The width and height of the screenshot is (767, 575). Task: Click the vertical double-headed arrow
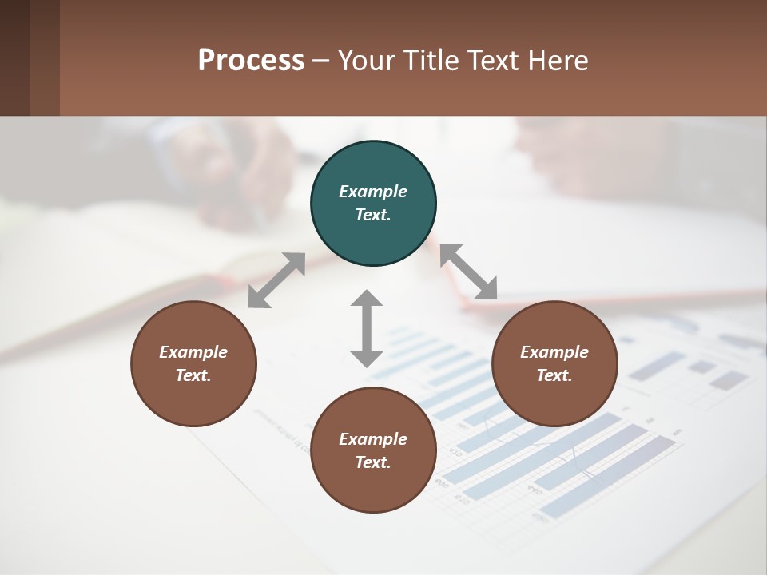[367, 328]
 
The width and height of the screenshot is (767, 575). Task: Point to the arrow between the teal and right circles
[469, 272]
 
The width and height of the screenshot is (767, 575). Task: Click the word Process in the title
[251, 60]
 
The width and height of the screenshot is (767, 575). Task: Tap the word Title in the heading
[431, 60]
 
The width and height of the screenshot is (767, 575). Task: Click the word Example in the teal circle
[373, 192]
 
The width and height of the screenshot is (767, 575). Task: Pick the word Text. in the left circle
[193, 375]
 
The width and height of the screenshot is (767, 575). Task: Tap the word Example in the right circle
[554, 352]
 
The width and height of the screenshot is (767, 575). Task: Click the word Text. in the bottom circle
[373, 462]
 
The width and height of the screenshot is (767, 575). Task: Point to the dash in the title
[321, 61]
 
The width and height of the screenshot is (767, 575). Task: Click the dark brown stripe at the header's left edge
[14, 57]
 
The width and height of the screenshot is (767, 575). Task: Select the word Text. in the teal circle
[373, 215]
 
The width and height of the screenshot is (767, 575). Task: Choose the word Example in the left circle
[193, 352]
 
